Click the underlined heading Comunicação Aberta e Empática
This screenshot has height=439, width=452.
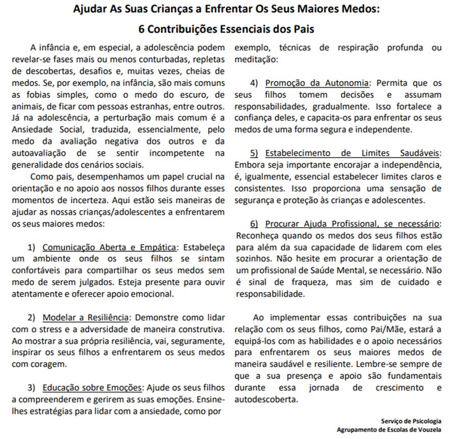[x=109, y=248]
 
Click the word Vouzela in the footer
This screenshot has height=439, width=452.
[x=429, y=430]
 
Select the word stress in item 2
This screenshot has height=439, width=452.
[x=43, y=329]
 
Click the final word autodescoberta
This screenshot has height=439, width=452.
[x=266, y=400]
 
